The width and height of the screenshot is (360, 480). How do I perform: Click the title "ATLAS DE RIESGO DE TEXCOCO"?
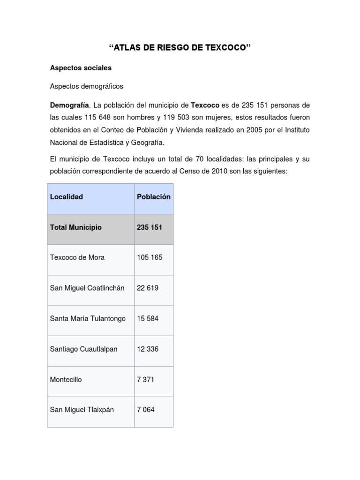pyautogui.click(x=180, y=48)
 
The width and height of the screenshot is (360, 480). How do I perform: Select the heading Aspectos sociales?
pyautogui.click(x=81, y=68)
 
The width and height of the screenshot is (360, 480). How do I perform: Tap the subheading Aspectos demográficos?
pyautogui.click(x=87, y=86)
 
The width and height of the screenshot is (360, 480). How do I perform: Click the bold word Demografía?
pyautogui.click(x=69, y=105)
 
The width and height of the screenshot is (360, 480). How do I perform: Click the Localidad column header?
pyautogui.click(x=67, y=197)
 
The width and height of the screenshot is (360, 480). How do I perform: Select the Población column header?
pyautogui.click(x=154, y=197)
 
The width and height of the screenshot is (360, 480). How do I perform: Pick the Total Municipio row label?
pyautogui.click(x=75, y=227)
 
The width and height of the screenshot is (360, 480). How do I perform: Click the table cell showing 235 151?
pyautogui.click(x=149, y=227)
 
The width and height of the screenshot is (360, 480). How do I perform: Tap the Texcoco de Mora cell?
pyautogui.click(x=77, y=258)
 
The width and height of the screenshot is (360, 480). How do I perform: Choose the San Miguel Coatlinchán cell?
pyautogui.click(x=87, y=288)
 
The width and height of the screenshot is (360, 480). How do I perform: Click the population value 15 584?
pyautogui.click(x=148, y=319)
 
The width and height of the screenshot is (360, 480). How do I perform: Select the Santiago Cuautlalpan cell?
pyautogui.click(x=83, y=349)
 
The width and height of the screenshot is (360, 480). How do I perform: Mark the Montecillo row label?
pyautogui.click(x=66, y=380)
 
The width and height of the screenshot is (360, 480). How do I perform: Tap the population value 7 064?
pyautogui.click(x=146, y=410)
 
